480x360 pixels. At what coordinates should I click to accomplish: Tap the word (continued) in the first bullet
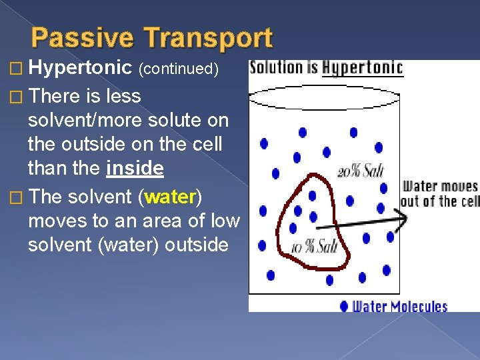point(179,69)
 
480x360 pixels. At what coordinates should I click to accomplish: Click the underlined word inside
point(134,169)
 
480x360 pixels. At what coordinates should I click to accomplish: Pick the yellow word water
point(171,197)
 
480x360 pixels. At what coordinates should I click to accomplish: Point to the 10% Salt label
point(315,248)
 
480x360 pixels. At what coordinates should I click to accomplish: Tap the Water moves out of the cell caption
point(441,193)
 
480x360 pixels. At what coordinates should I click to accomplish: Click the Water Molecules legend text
point(400,306)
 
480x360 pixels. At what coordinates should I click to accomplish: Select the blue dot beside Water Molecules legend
point(344,306)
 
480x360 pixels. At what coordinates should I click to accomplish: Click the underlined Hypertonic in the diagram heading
point(362,67)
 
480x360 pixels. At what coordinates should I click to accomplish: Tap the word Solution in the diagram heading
point(276,67)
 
